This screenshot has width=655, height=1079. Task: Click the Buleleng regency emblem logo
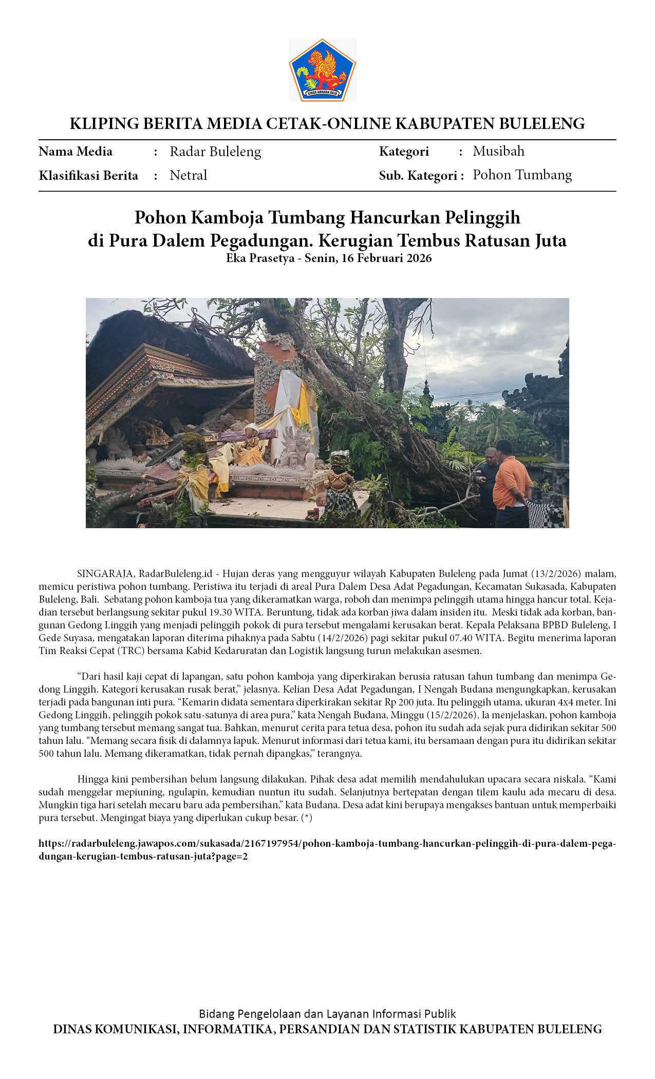point(322,70)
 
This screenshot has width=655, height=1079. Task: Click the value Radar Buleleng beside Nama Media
point(215,152)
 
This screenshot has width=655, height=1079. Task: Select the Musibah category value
point(498,151)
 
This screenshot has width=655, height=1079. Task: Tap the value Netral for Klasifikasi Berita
point(188,175)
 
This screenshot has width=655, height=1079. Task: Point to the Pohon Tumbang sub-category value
point(522,175)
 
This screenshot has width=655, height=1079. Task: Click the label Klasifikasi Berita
point(88,176)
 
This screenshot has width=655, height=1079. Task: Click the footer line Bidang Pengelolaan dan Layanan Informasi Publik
point(327,1014)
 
